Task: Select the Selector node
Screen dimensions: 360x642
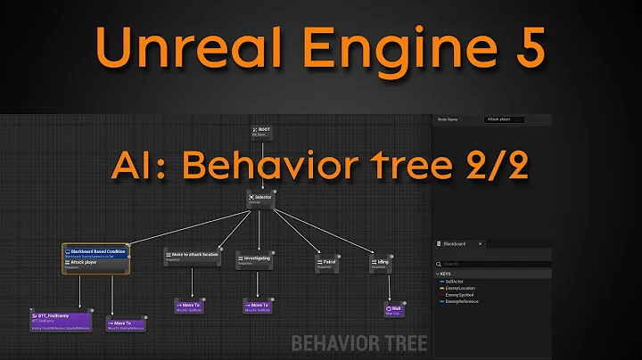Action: point(260,197)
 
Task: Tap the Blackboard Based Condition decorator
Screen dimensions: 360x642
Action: point(96,254)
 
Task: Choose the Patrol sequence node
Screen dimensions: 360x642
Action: point(325,264)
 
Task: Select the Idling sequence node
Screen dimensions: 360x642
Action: point(381,263)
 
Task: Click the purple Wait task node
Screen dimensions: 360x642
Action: point(393,310)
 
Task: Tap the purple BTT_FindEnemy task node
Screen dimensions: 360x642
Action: point(60,321)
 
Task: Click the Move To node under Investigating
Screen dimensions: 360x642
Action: point(257,307)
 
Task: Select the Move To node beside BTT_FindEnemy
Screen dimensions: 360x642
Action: point(124,324)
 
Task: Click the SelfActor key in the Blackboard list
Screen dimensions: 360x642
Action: point(457,281)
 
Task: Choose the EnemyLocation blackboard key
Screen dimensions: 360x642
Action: point(462,288)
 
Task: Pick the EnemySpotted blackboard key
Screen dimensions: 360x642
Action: point(461,295)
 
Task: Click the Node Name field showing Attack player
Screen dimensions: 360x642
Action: point(504,119)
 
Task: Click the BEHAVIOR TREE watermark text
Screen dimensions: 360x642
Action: point(359,343)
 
